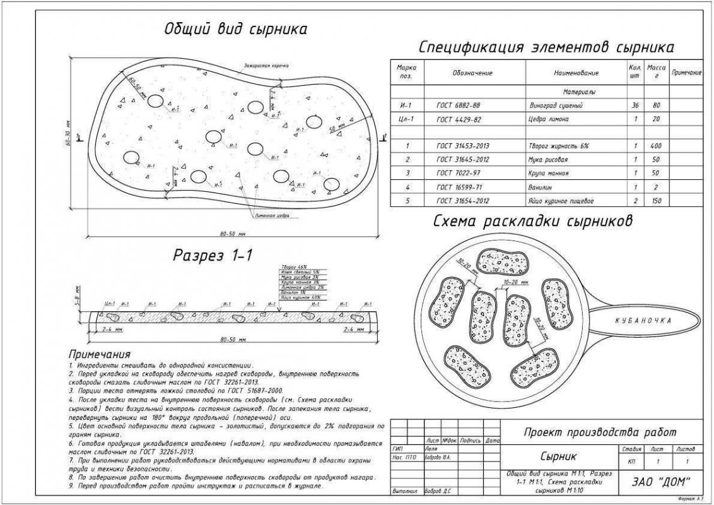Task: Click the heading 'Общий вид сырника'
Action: (x=236, y=29)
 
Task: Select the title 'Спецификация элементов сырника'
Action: (x=546, y=47)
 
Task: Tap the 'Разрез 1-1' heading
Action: (x=213, y=255)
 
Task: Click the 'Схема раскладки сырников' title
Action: (x=532, y=222)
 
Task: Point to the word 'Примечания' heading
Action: (x=100, y=354)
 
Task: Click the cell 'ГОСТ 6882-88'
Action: (x=458, y=105)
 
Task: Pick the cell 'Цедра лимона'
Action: (x=548, y=119)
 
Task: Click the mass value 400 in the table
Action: (x=655, y=146)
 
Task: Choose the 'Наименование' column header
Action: (x=576, y=73)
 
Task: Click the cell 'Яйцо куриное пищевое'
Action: (x=560, y=201)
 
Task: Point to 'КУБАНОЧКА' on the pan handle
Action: (x=643, y=321)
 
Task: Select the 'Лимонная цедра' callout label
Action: (x=273, y=216)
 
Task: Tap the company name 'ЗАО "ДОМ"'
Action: (x=660, y=480)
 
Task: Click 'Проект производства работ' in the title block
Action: (x=600, y=432)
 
